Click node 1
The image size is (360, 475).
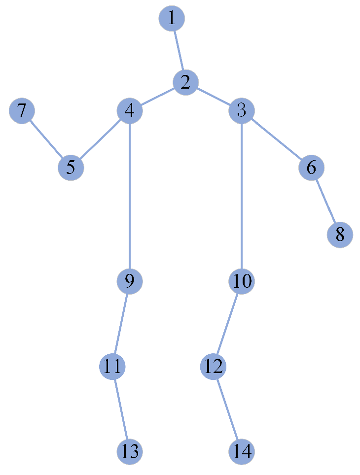172,19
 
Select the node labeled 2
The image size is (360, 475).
185,82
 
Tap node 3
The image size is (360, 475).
241,111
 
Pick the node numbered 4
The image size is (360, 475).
130,111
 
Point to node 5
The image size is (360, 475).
71,168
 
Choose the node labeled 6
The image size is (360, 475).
311,168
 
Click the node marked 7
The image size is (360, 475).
22,111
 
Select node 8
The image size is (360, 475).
340,235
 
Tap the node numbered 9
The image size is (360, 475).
130,281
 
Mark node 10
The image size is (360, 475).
241,281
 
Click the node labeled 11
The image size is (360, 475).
112,367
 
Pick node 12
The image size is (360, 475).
213,367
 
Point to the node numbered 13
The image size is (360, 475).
130,451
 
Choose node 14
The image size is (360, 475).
241,451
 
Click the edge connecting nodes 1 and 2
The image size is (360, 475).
179,50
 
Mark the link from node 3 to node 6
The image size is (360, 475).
276,139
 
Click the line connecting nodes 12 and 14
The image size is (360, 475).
227,409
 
